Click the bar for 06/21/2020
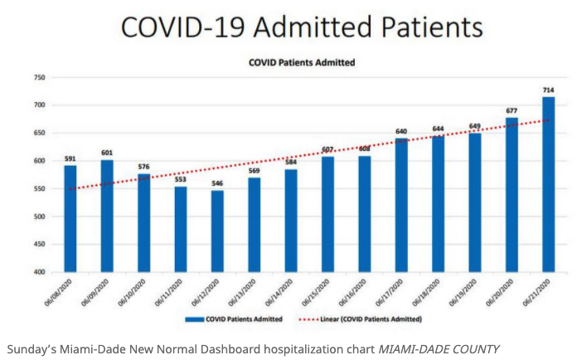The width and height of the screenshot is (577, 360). pos(549,185)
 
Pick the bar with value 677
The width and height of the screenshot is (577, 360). pos(512,195)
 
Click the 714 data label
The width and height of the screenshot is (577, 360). pos(549,90)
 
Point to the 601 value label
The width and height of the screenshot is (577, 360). pos(107,152)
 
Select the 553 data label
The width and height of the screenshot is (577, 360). pos(180,179)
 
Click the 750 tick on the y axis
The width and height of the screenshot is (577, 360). pos(38,77)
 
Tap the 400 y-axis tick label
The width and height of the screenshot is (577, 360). pos(38,272)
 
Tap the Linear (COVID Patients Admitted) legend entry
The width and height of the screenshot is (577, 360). pos(381,319)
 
